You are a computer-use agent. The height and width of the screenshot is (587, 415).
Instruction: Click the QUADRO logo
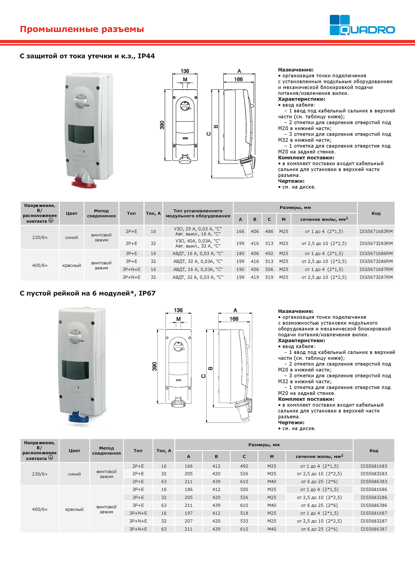point(362,25)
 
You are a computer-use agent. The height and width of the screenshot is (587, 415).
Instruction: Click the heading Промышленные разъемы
point(82,29)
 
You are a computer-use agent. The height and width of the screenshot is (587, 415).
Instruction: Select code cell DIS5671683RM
point(376,231)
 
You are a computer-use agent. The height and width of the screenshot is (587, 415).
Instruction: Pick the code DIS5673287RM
point(376,277)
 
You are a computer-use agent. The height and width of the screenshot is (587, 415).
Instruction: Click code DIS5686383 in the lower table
point(374,482)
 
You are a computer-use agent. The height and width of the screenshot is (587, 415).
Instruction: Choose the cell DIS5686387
point(374,529)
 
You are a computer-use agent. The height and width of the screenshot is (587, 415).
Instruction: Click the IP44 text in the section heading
point(146,56)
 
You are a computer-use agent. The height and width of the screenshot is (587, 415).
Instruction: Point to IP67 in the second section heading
point(147,293)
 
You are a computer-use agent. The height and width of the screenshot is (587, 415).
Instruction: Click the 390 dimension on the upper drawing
point(162,125)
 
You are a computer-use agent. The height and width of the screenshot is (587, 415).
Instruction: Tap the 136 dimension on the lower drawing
point(178,310)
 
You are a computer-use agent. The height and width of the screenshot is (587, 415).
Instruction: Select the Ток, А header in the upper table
point(153,213)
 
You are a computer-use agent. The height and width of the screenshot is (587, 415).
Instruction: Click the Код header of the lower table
point(374,450)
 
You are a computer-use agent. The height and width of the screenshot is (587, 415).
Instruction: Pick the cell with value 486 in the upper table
point(269,231)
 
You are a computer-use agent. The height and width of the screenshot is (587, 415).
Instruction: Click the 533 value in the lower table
point(244,521)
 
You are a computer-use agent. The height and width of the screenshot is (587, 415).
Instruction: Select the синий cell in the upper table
point(71,237)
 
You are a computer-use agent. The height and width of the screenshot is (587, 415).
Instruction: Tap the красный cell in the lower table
point(74,509)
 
